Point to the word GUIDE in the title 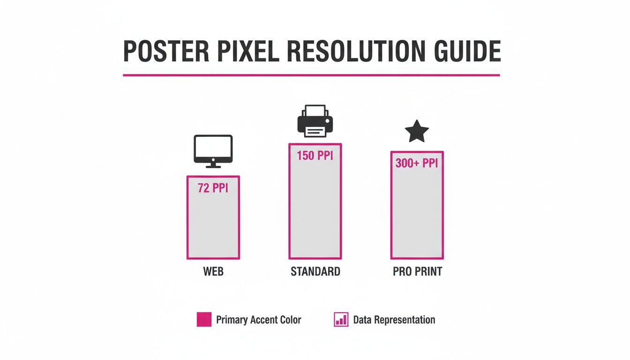[x=469, y=52]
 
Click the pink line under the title [x=311, y=75]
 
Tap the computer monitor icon [x=213, y=149]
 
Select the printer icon [x=315, y=121]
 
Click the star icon [x=417, y=131]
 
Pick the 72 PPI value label [x=213, y=188]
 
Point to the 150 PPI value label [x=315, y=156]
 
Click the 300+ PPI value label [x=417, y=164]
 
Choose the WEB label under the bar [x=213, y=272]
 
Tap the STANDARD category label [x=315, y=272]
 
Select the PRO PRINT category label [x=417, y=272]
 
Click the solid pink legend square [x=204, y=320]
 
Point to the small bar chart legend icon [x=341, y=320]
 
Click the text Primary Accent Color [x=258, y=320]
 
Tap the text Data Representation [x=394, y=320]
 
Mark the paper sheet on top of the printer [x=315, y=111]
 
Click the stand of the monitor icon [x=213, y=164]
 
